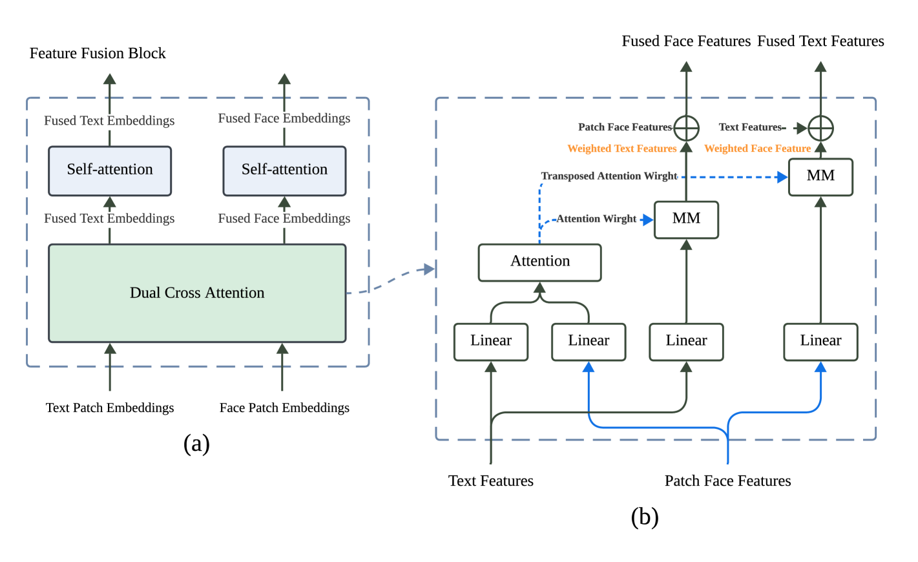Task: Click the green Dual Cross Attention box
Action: [197, 293]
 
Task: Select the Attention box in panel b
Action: [540, 262]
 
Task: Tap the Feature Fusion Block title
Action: [98, 54]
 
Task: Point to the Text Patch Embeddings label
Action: [110, 408]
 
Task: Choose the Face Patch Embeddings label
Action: [284, 408]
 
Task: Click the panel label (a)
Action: [196, 444]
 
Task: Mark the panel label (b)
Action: [644, 517]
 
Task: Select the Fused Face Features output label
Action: [686, 41]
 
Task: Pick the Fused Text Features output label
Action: [820, 41]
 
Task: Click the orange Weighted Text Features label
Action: [621, 149]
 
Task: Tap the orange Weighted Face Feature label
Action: [757, 149]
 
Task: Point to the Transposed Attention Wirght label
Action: [609, 176]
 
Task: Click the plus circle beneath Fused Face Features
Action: [686, 129]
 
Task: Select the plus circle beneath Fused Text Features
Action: [820, 129]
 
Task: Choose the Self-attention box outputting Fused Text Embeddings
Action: [110, 171]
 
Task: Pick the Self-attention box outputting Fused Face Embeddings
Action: [284, 171]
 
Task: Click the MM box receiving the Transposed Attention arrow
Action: [820, 176]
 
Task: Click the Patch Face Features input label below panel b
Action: [727, 481]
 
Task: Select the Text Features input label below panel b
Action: [491, 481]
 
